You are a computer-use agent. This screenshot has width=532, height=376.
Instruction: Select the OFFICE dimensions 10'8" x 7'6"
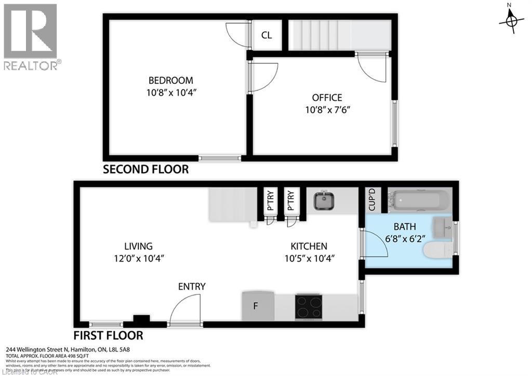coord(327,110)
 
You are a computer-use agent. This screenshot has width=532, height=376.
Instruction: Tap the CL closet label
coord(267,35)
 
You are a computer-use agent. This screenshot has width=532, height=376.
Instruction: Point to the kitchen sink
coord(325,200)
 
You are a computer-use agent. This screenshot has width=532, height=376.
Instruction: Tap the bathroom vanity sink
coord(442,226)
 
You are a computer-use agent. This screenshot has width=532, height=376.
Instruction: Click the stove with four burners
coord(309,307)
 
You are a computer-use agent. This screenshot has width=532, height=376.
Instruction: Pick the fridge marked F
coord(258,306)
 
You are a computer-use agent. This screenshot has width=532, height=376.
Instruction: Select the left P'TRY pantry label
coord(270,201)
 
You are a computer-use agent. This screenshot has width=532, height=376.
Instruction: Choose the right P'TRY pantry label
coord(291,201)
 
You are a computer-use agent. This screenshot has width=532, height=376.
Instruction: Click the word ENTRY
coord(192,287)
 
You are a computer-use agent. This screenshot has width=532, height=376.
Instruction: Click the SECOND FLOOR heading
coord(145,170)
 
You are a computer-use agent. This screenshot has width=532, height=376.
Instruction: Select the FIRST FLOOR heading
coord(108,335)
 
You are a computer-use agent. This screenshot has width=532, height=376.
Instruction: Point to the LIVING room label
coord(138,246)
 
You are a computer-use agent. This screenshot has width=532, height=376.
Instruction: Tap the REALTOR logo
coord(31,36)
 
